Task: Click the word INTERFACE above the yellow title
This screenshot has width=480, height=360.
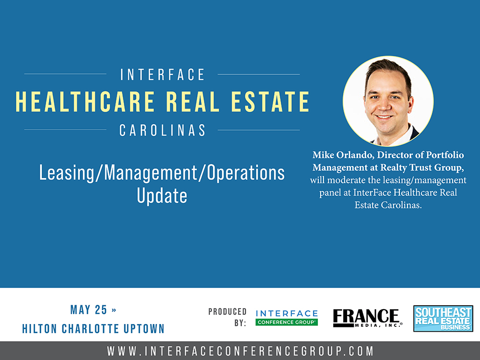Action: point(162,75)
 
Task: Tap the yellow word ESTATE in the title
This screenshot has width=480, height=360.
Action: point(270,101)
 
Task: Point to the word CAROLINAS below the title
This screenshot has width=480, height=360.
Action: point(162,131)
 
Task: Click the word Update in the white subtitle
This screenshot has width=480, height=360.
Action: point(162,196)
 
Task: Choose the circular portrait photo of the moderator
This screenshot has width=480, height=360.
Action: point(388,101)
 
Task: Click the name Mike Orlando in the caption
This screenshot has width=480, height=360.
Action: point(342,155)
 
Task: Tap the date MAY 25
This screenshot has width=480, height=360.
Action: point(89,310)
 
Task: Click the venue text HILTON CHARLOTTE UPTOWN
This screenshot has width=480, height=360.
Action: point(94,329)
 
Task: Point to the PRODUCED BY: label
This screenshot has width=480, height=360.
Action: point(228,317)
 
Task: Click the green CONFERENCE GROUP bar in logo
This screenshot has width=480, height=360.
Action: point(287,322)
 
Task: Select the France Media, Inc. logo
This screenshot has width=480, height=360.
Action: point(367,318)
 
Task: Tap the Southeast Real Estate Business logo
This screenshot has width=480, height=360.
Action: point(443,318)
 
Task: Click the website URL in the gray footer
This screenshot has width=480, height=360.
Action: point(240,351)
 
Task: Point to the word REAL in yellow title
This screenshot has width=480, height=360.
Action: point(193,101)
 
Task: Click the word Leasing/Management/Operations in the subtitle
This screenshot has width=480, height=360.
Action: point(162,173)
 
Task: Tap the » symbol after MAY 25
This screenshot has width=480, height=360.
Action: point(114,310)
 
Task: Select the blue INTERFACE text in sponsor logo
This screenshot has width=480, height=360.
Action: point(287,313)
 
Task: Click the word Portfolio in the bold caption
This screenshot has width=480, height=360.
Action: point(445,155)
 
